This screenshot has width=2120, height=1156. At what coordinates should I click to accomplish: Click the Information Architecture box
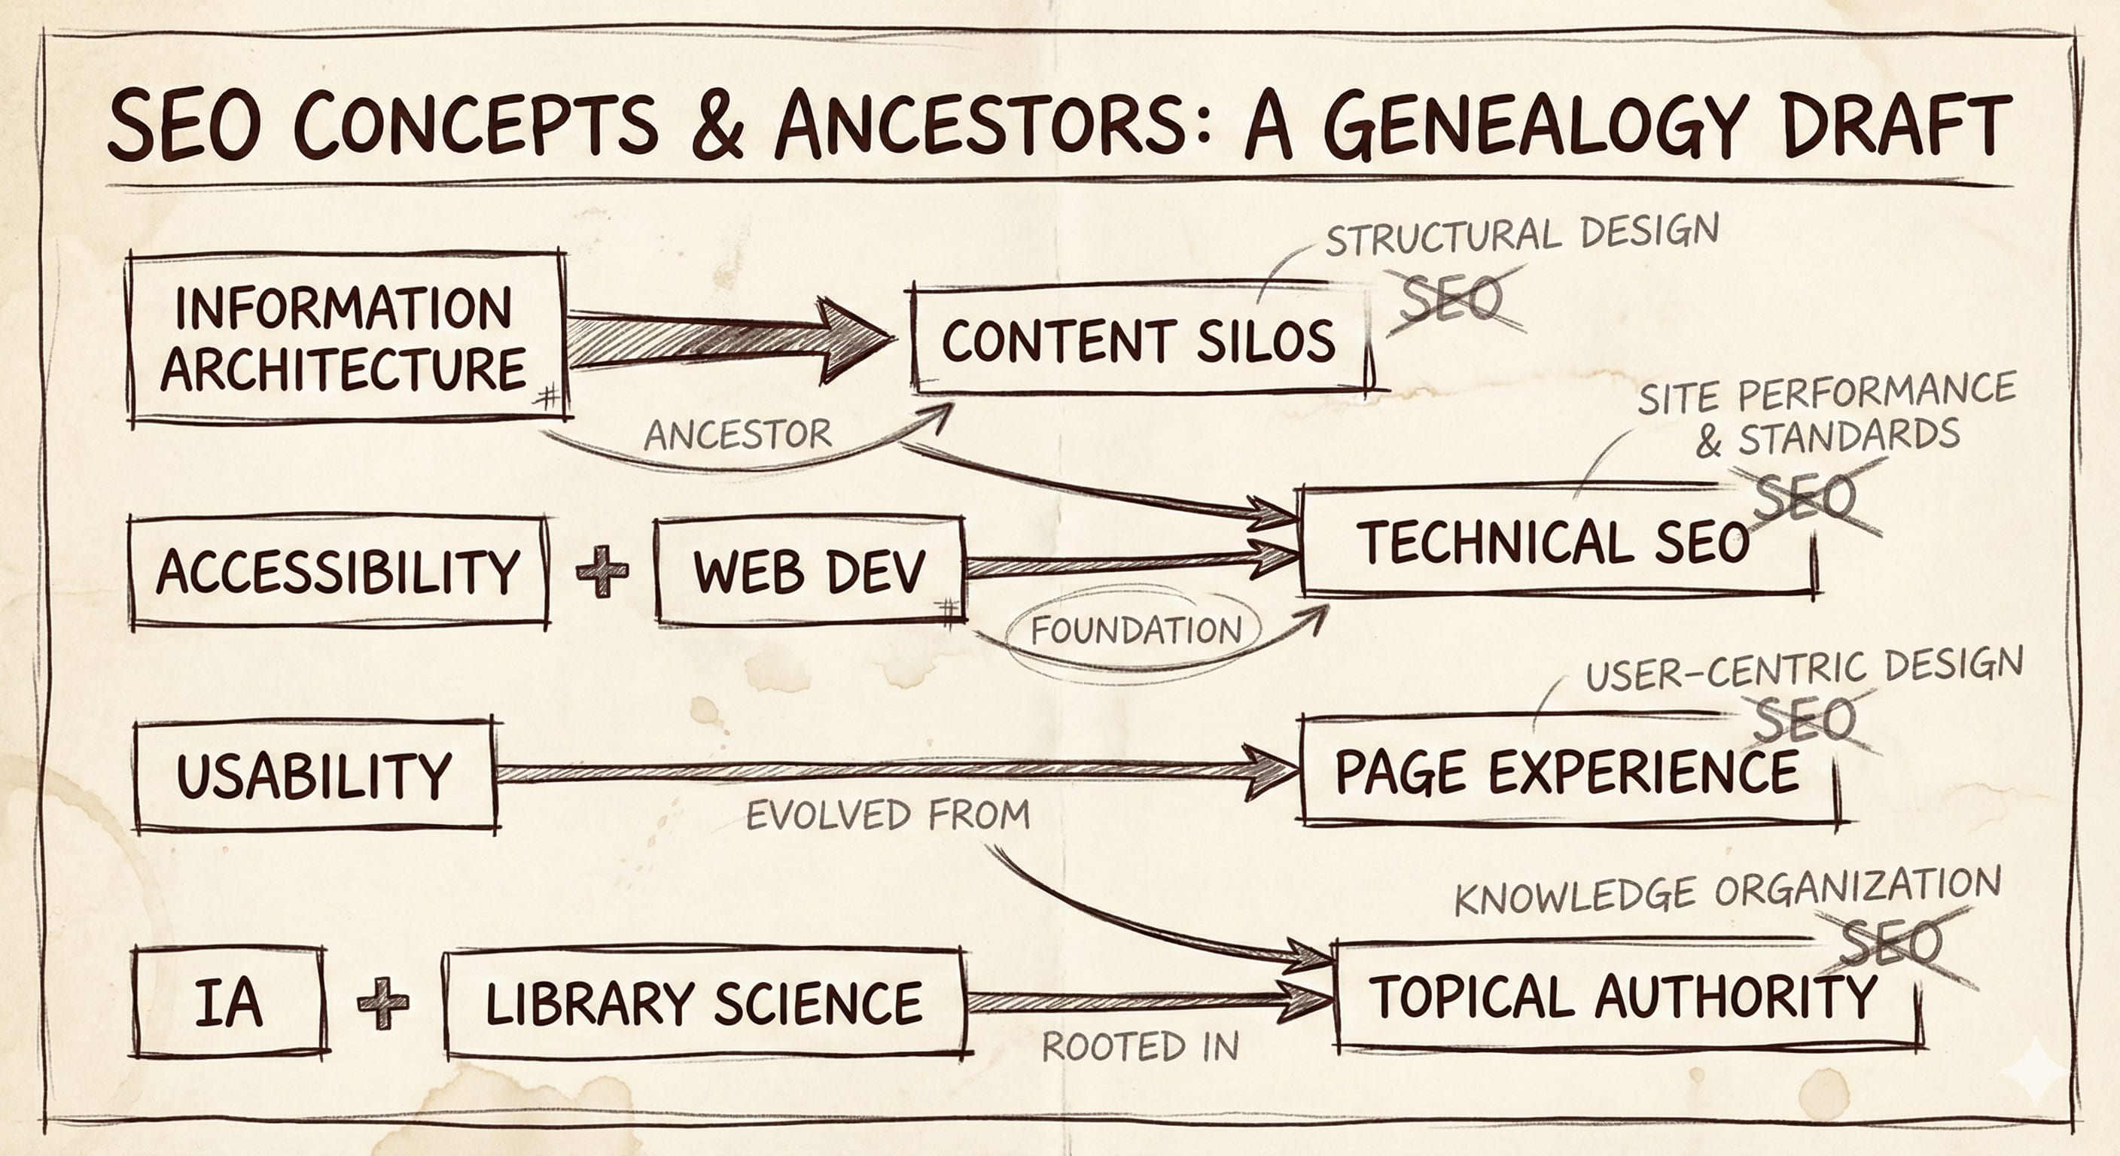(x=346, y=337)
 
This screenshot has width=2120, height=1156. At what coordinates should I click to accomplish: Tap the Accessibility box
(x=338, y=571)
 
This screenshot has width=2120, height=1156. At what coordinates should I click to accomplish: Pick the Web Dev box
(x=810, y=571)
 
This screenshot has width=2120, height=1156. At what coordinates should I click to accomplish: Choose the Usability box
(x=315, y=775)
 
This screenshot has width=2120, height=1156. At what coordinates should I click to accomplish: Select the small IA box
(x=229, y=1002)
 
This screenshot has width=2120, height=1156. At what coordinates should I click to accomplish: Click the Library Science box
(x=705, y=1002)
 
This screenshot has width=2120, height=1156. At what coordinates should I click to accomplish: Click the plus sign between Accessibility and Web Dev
(x=602, y=570)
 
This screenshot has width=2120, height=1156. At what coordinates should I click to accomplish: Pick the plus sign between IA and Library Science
(x=383, y=1002)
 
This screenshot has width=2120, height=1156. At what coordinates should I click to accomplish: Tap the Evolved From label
(x=887, y=815)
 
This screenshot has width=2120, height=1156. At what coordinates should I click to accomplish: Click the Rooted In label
(x=1140, y=1047)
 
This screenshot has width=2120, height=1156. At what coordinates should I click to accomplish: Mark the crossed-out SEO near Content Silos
(x=1451, y=300)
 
